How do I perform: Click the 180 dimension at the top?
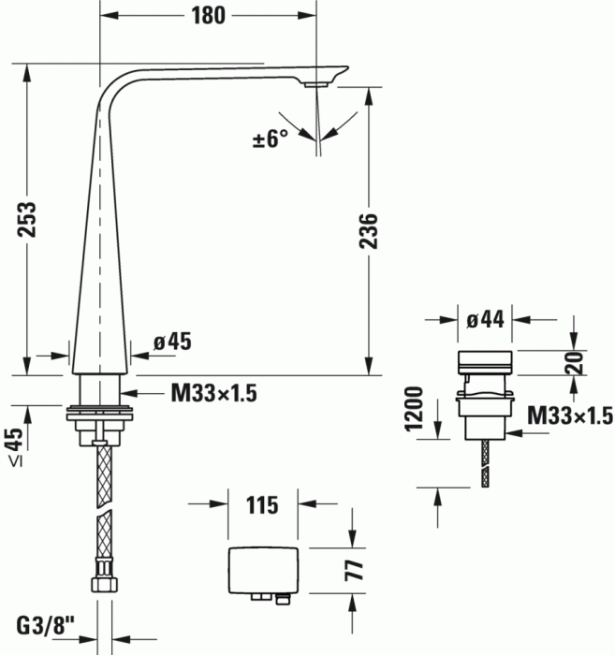click(208, 16)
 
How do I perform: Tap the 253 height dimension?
click(27, 220)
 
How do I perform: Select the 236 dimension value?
click(369, 231)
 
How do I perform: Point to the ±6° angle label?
click(271, 138)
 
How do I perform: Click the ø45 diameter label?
click(172, 342)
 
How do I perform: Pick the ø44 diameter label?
click(485, 320)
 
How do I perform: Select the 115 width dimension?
click(262, 505)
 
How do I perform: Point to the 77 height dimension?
click(354, 570)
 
